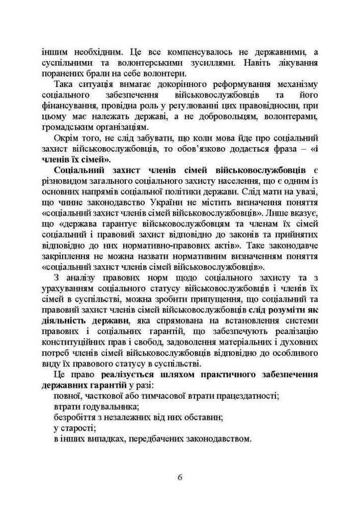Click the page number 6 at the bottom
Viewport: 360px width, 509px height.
pos(180,477)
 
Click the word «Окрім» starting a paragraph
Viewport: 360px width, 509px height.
pos(66,138)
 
